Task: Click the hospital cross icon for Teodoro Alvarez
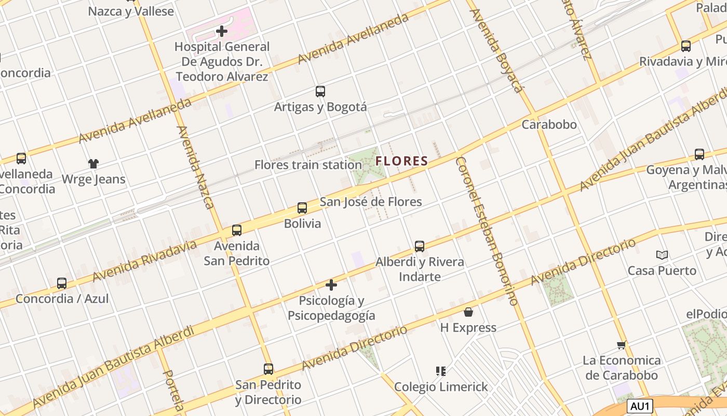pos(222,31)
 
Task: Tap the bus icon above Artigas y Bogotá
pos(320,92)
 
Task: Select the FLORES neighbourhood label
pos(402,161)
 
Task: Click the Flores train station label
pos(308,165)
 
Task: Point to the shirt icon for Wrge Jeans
pos(93,164)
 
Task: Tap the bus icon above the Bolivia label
pos(302,208)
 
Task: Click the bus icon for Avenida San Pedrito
pos(237,230)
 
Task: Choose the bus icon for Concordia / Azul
pos(62,283)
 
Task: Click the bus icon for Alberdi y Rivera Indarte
pos(420,246)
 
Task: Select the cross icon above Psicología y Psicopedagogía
pos(331,285)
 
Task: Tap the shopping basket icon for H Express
pos(468,312)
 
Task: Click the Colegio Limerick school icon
pos(441,371)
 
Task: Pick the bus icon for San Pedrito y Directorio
pos(268,369)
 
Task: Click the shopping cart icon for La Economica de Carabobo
pos(621,345)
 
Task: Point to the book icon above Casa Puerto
pos(662,255)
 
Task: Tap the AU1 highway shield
pos(640,406)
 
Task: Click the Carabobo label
pos(549,124)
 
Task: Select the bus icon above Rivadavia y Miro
pos(686,46)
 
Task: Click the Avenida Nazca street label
pos(196,167)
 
